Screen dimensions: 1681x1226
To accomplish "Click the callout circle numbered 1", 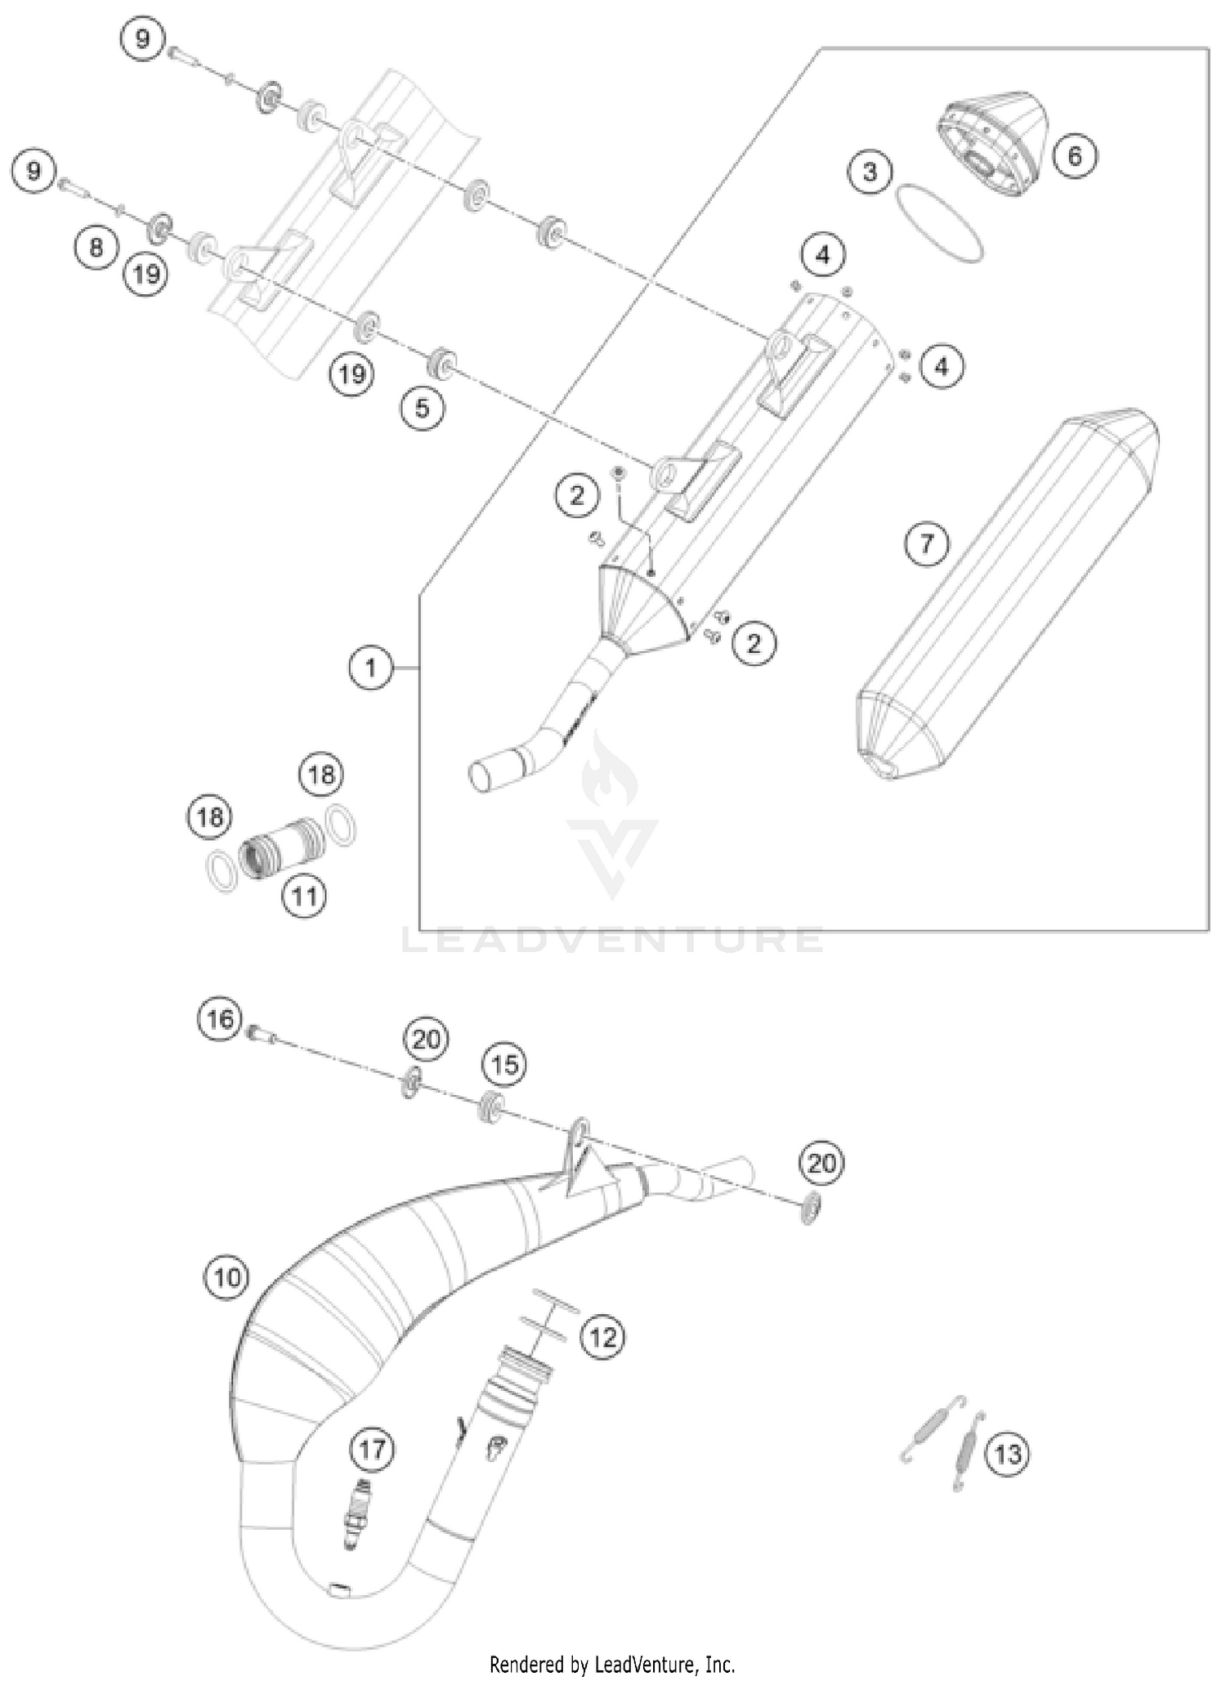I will click(x=371, y=668).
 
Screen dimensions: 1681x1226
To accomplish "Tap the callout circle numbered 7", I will click(x=927, y=543).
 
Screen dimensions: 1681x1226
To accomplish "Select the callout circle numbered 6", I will click(x=1075, y=154).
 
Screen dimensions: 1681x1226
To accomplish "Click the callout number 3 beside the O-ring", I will click(x=870, y=172).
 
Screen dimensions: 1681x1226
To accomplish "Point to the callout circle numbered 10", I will click(x=226, y=1276).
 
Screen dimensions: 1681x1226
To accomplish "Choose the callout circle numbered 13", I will click(x=1008, y=1454).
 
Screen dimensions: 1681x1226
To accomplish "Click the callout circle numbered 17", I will click(x=372, y=1450).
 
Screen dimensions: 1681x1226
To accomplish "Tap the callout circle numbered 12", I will click(x=602, y=1337).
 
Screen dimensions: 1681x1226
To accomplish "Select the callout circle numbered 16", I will click(x=220, y=1019).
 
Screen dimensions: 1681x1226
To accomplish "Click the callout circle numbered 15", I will click(x=504, y=1065).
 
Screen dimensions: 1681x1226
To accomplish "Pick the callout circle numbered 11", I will click(x=304, y=896).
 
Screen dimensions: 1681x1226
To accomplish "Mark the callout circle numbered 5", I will click(x=422, y=407).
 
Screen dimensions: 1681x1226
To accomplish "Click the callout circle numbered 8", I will click(x=96, y=246).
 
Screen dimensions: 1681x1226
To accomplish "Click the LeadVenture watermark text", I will click(x=613, y=940).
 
